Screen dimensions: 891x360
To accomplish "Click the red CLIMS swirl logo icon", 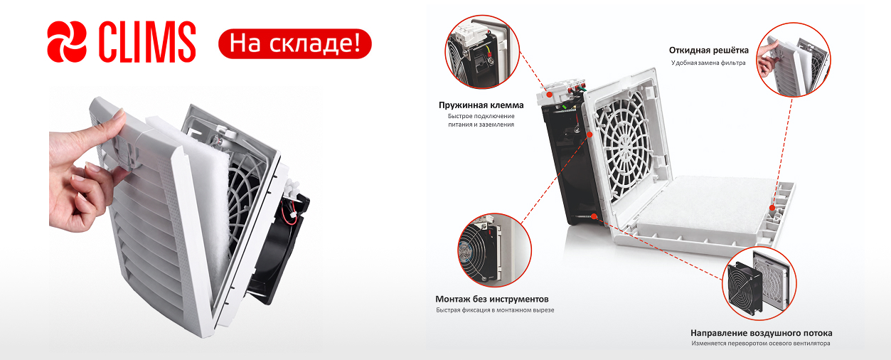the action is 67,42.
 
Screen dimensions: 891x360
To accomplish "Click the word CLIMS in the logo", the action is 147,42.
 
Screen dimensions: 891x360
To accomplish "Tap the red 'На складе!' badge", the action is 294,43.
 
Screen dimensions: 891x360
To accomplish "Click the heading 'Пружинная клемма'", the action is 481,105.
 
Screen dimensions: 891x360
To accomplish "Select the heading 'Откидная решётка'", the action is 708,50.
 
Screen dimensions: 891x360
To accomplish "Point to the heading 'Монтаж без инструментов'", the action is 491,299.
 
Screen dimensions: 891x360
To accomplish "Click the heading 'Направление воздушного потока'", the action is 762,333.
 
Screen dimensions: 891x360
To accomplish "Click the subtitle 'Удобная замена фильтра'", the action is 708,63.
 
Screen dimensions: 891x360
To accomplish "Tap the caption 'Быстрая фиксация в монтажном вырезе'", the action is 495,310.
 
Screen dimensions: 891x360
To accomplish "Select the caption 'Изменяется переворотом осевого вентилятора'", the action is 761,344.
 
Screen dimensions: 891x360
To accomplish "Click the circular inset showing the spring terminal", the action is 482,52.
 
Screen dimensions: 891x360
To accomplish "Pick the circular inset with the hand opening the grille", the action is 793,60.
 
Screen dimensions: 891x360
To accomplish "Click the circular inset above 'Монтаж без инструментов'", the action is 494,250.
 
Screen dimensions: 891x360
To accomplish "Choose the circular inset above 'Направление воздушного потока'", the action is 759,283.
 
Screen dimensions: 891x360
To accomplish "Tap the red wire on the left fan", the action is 289,213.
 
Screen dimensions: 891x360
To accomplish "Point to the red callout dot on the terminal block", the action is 549,95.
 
